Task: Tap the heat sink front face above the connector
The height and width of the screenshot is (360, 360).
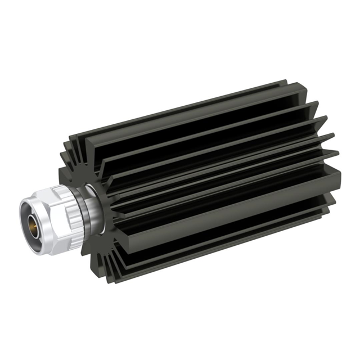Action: (84, 169)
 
